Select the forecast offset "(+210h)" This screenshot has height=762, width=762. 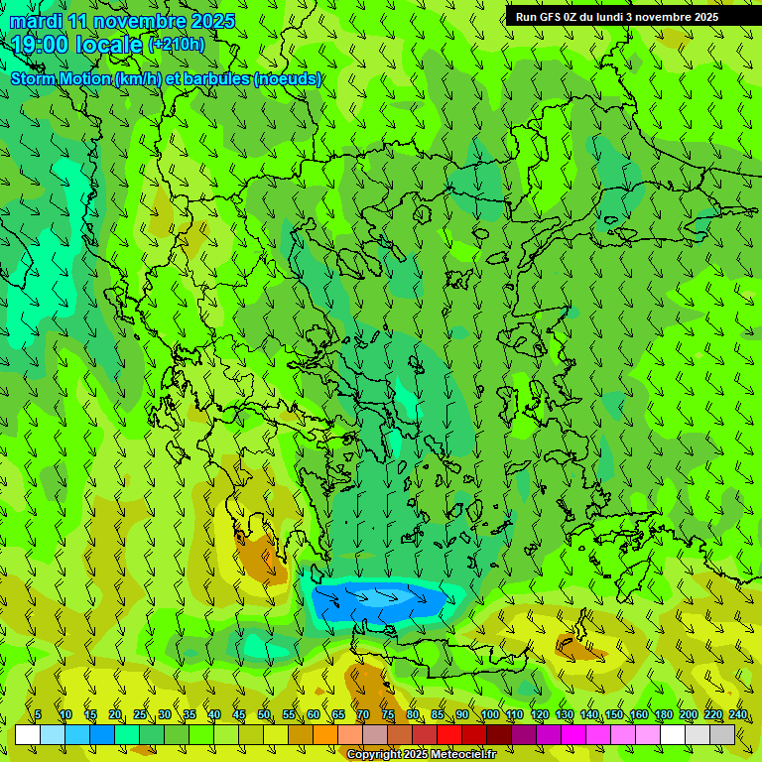click(x=176, y=44)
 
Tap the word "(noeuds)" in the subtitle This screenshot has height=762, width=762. click(x=287, y=78)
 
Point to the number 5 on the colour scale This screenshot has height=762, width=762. click(x=38, y=714)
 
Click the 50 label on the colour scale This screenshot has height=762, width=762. click(x=264, y=714)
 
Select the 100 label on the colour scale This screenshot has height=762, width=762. click(x=489, y=714)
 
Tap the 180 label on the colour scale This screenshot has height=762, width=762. click(x=663, y=714)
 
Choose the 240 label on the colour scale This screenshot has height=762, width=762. click(x=737, y=714)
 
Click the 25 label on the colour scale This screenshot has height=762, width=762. click(x=140, y=714)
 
